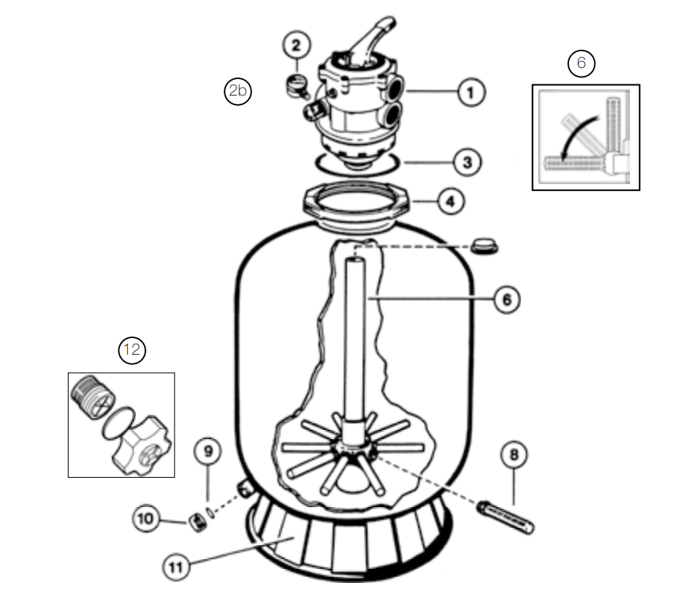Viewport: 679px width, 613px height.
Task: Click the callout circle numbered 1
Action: (x=470, y=93)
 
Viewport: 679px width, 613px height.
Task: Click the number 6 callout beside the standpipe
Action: (x=506, y=299)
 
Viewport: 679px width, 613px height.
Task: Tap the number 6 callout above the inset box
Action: (x=582, y=63)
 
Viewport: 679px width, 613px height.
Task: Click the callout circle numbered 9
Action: (x=209, y=452)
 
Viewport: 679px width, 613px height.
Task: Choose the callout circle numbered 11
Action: (x=176, y=566)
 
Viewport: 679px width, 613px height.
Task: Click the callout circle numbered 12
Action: (x=132, y=350)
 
